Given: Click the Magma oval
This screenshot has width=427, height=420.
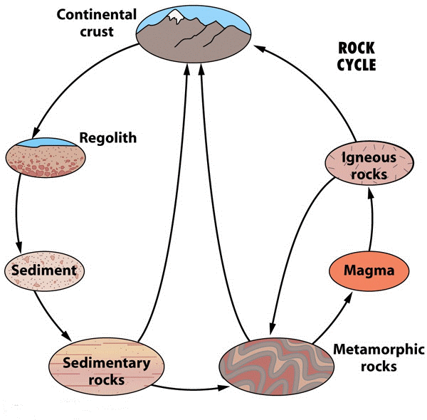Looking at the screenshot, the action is [x=369, y=271].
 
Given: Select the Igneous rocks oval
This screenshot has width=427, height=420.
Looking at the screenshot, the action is [x=369, y=163].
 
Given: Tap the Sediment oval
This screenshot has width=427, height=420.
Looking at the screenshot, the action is [x=44, y=271].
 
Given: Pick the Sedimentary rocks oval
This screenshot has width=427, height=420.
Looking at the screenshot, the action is [x=107, y=367].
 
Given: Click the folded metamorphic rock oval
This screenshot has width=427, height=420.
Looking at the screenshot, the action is [x=276, y=367].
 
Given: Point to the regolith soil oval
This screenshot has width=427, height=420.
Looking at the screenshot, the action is [x=46, y=158].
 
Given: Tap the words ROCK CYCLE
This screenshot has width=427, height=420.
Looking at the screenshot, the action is [x=357, y=56].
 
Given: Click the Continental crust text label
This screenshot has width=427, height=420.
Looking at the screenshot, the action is [x=97, y=23].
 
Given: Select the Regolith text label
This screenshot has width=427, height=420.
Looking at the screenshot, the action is [x=108, y=138].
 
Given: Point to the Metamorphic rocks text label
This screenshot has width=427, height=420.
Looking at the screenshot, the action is [x=379, y=357].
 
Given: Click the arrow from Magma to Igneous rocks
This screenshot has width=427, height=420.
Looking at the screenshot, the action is [x=371, y=219].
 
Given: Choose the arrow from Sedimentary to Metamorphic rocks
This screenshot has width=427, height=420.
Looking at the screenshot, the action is [x=191, y=389].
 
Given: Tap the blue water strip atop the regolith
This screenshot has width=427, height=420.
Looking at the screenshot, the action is [x=46, y=142].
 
